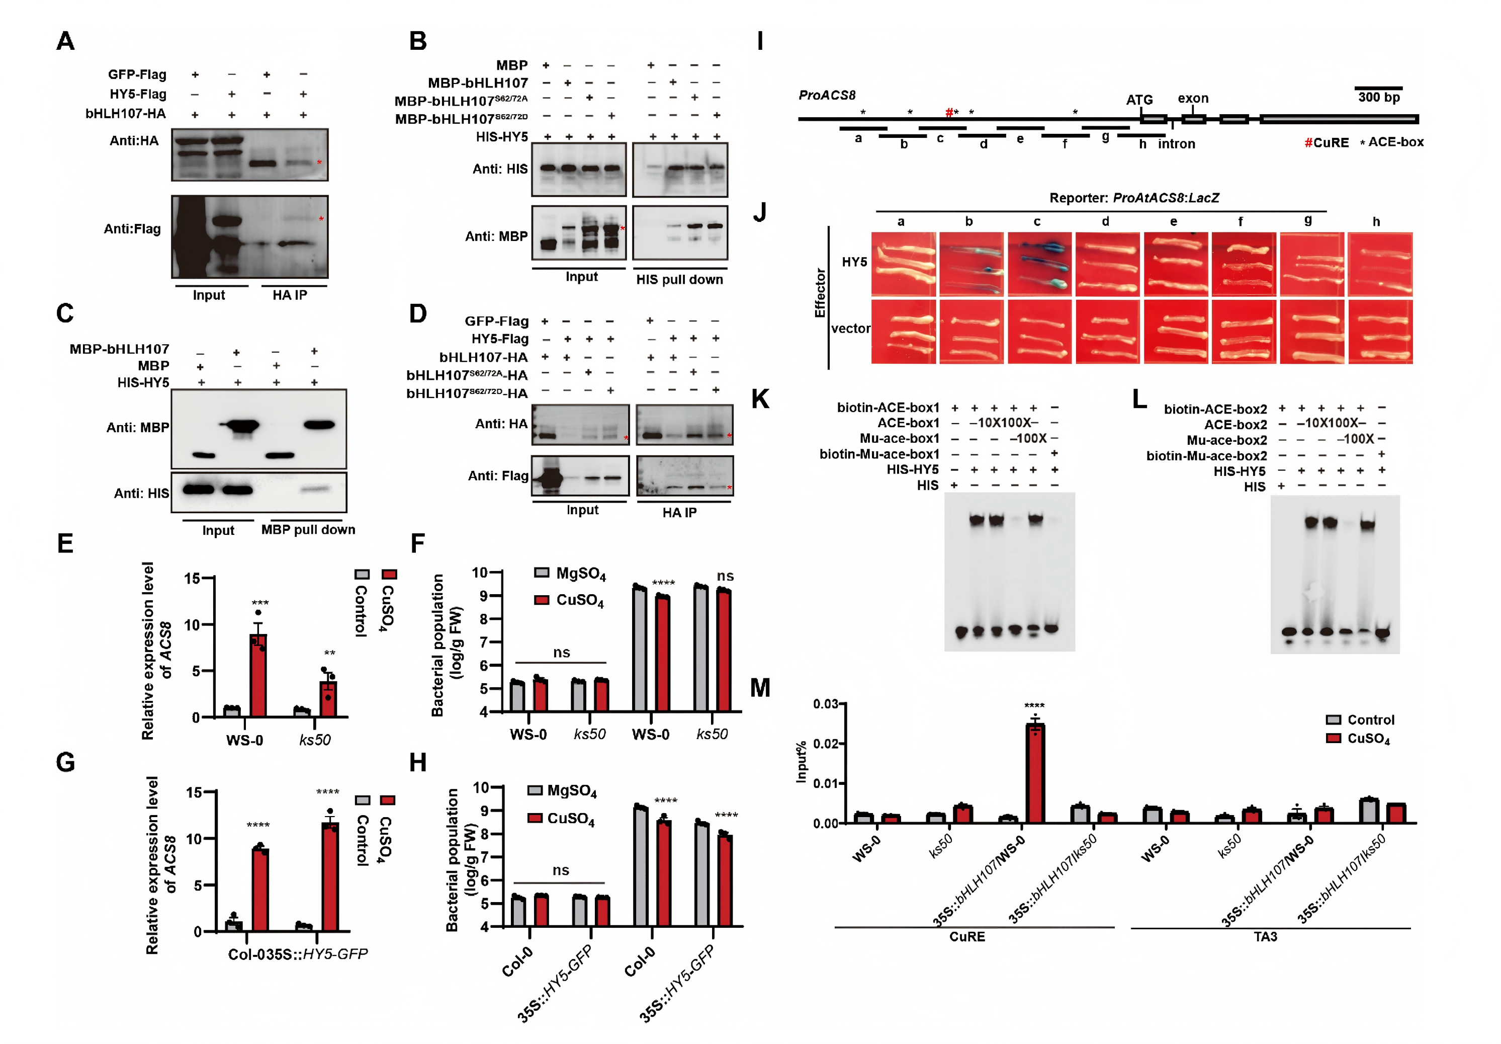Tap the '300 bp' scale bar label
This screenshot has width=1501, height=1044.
[x=1379, y=98]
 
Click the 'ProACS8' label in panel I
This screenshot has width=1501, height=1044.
[x=827, y=95]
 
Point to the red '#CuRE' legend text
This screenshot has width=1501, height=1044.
[x=1327, y=142]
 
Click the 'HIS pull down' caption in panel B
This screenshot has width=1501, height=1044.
[x=679, y=279]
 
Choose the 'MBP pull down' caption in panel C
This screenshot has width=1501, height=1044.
[x=308, y=529]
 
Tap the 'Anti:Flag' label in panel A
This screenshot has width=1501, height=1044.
[x=132, y=228]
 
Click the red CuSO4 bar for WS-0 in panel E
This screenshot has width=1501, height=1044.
[x=258, y=675]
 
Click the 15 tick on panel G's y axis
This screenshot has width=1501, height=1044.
[x=194, y=793]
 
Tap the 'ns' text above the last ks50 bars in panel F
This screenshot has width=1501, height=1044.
[x=725, y=576]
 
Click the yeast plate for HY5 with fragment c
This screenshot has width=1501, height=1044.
[x=1039, y=264]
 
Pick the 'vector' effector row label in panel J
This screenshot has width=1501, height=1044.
[x=850, y=329]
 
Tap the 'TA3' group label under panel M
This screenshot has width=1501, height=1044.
[x=1265, y=937]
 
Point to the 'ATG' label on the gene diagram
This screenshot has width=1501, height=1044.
[x=1139, y=100]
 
